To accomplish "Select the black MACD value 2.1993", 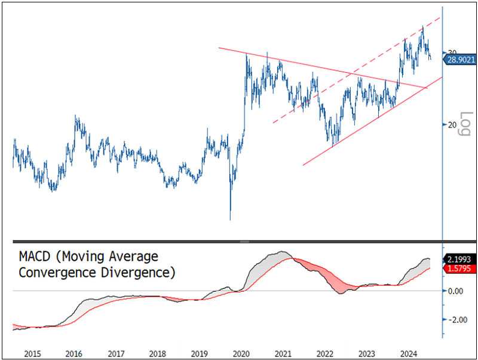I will coord(459,260).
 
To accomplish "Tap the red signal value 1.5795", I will coord(459,269).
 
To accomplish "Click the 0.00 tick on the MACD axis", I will coord(455,291).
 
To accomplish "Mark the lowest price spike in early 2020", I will coord(230,219).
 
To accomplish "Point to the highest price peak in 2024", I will coord(423,26).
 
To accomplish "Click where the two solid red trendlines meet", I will coord(425,88).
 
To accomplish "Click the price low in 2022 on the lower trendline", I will coord(333,144).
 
